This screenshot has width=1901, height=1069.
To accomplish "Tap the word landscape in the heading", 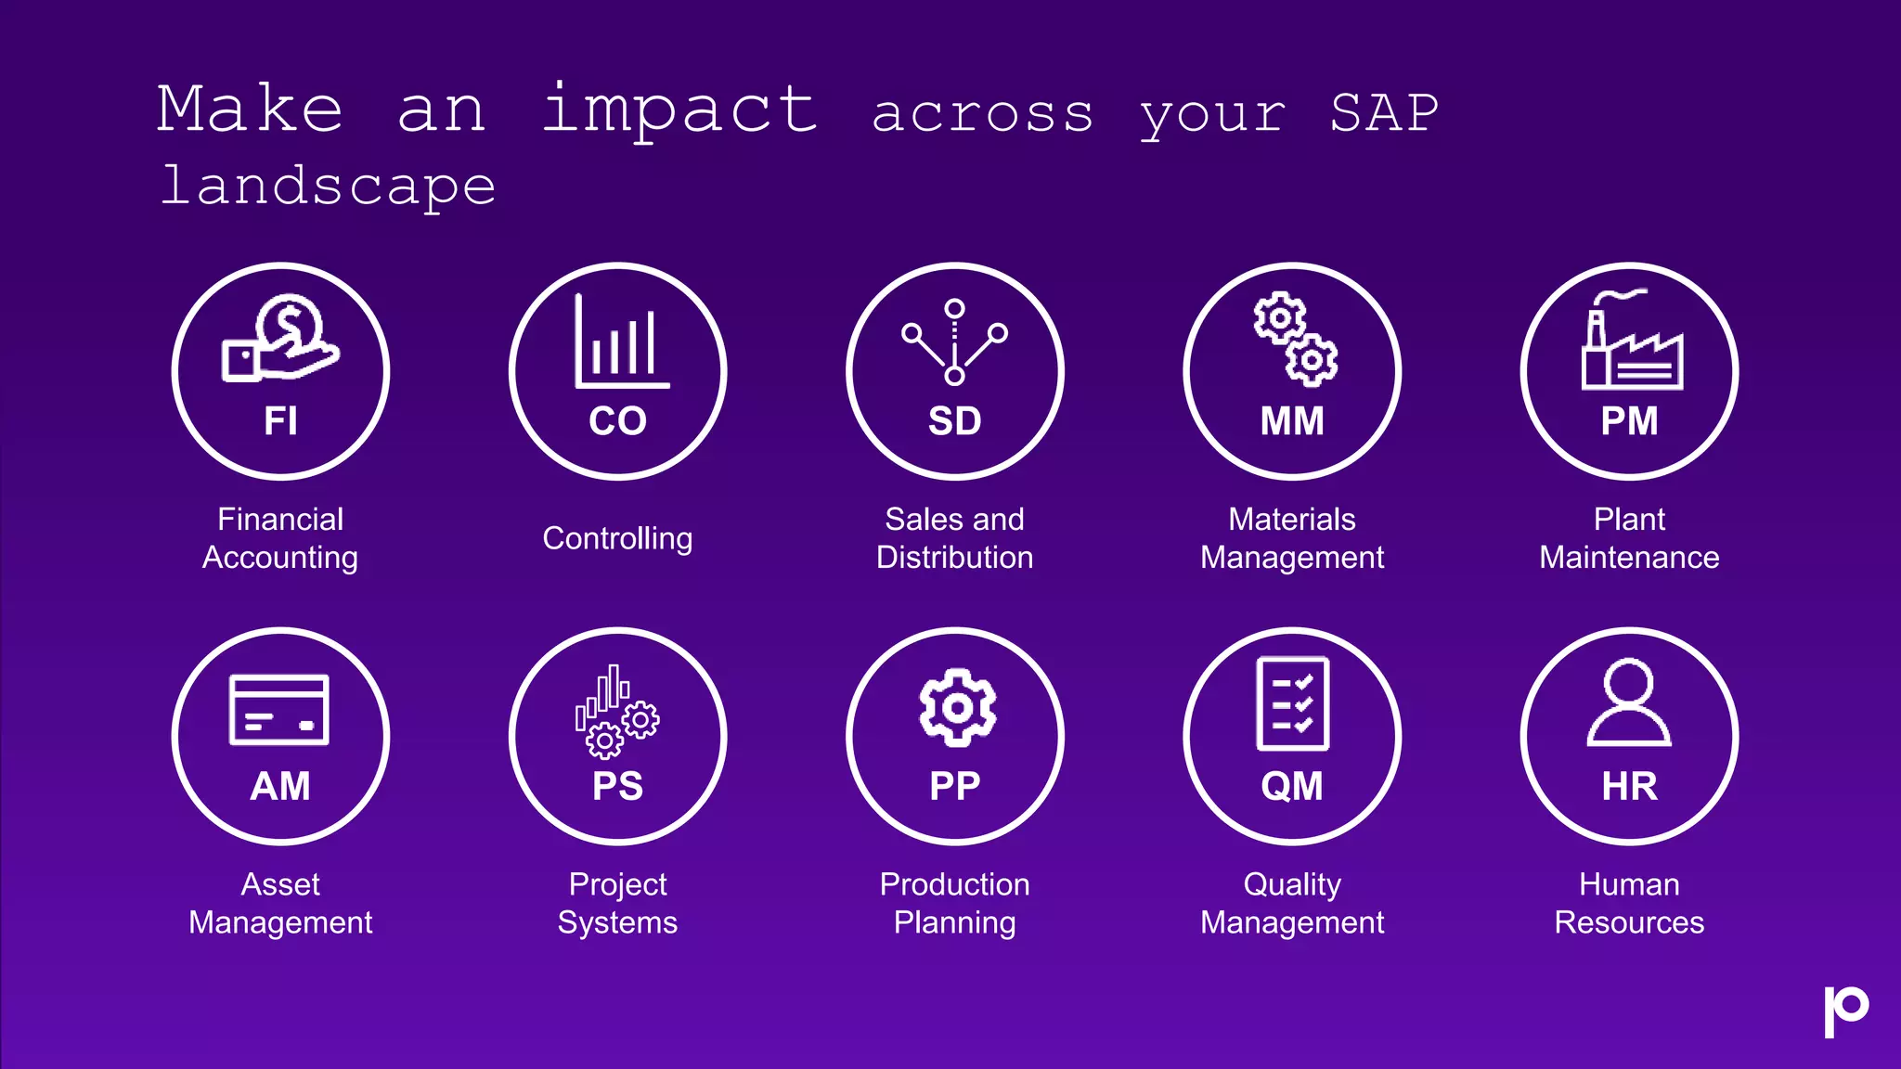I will click(x=329, y=187).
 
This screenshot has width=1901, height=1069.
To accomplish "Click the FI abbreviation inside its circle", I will click(x=280, y=421).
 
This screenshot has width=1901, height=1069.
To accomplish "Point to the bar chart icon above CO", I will click(x=620, y=342).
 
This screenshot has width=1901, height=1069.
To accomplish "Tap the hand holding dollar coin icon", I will click(x=281, y=339).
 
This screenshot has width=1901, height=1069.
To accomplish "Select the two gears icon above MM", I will click(x=1295, y=339).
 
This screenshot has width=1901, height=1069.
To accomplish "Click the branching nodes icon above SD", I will click(x=954, y=341).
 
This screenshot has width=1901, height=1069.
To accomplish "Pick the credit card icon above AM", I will click(x=279, y=710).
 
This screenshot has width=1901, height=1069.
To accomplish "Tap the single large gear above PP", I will click(x=957, y=707).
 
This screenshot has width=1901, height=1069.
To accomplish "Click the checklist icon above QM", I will click(x=1292, y=703).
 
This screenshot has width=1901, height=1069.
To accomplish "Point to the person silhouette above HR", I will click(x=1629, y=703).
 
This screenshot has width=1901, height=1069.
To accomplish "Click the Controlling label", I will click(x=617, y=538).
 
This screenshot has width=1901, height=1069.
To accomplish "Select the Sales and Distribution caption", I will click(x=954, y=538).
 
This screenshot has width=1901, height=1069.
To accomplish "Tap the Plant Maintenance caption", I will click(x=1629, y=538).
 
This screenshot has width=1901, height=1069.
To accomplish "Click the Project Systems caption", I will click(x=617, y=903).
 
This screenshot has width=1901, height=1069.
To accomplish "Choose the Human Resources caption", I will click(x=1629, y=903).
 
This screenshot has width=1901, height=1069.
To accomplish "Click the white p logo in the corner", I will click(x=1845, y=1011).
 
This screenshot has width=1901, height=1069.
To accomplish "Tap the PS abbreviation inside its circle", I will click(x=617, y=787).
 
